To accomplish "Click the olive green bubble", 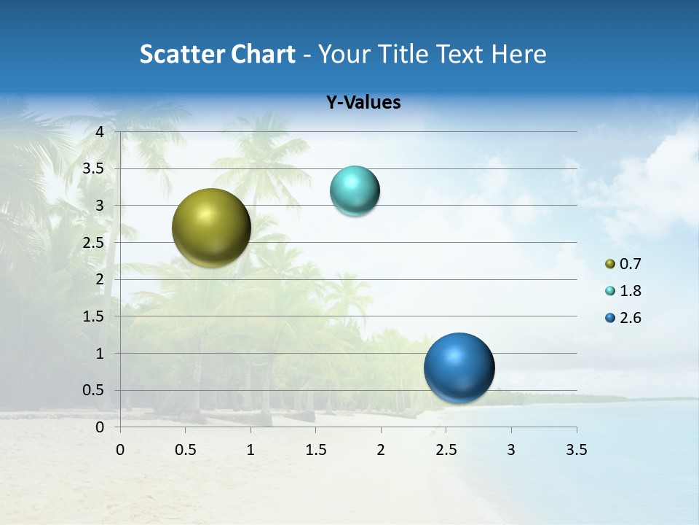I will [211, 227].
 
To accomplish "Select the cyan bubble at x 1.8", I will [355, 191].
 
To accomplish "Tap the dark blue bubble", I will [459, 367].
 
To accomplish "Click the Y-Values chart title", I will [363, 103].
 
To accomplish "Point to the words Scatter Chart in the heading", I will [217, 54].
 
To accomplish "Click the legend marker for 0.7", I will [610, 264].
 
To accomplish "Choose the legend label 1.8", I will [630, 291].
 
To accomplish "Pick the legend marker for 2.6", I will [610, 318].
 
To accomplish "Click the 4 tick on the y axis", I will [100, 132].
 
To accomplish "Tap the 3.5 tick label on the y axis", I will [94, 168].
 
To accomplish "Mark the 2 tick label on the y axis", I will [100, 279].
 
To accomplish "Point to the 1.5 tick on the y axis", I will [94, 316].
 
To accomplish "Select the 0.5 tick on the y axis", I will [94, 390].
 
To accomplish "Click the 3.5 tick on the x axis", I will [576, 450].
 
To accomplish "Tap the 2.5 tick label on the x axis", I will [446, 450].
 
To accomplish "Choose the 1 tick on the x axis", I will [250, 450].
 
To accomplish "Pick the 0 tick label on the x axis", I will [120, 450].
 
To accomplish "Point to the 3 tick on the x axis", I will [511, 450].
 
